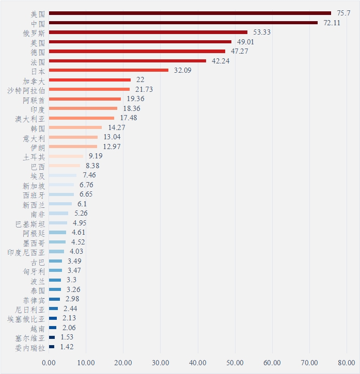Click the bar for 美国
(190, 13)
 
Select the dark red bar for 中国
(183, 23)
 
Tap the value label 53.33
(261, 32)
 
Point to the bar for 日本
(108, 70)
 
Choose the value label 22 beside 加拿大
(140, 80)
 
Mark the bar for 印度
(83, 108)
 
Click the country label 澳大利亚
(29, 118)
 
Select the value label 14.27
(116, 127)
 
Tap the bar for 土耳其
(66, 156)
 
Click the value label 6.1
(82, 204)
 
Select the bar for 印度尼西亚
(56, 252)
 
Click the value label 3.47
(74, 270)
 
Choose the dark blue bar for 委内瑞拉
(52, 347)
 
